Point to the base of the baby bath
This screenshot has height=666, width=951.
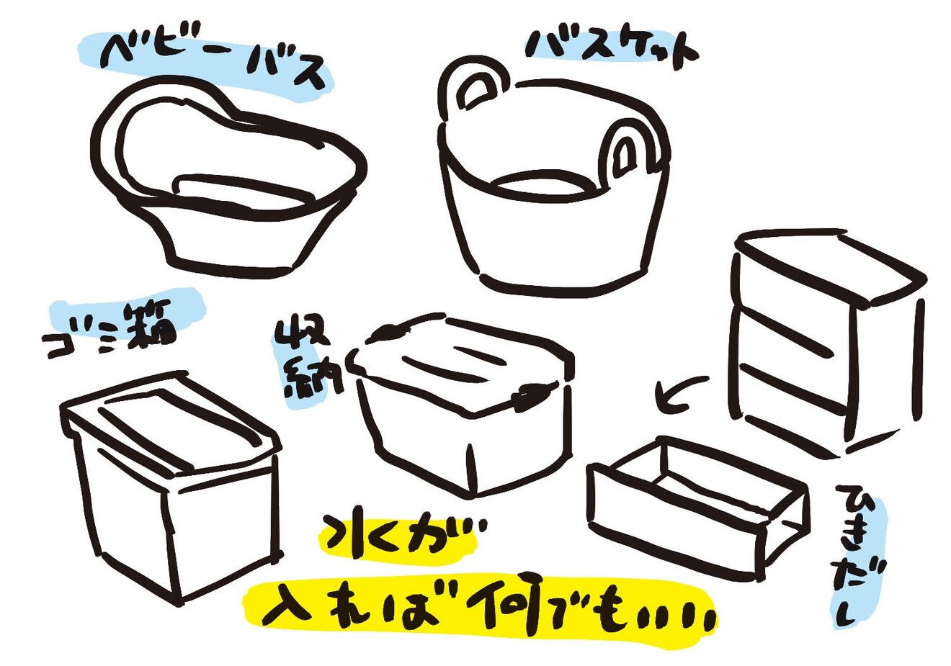tap(233, 265)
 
